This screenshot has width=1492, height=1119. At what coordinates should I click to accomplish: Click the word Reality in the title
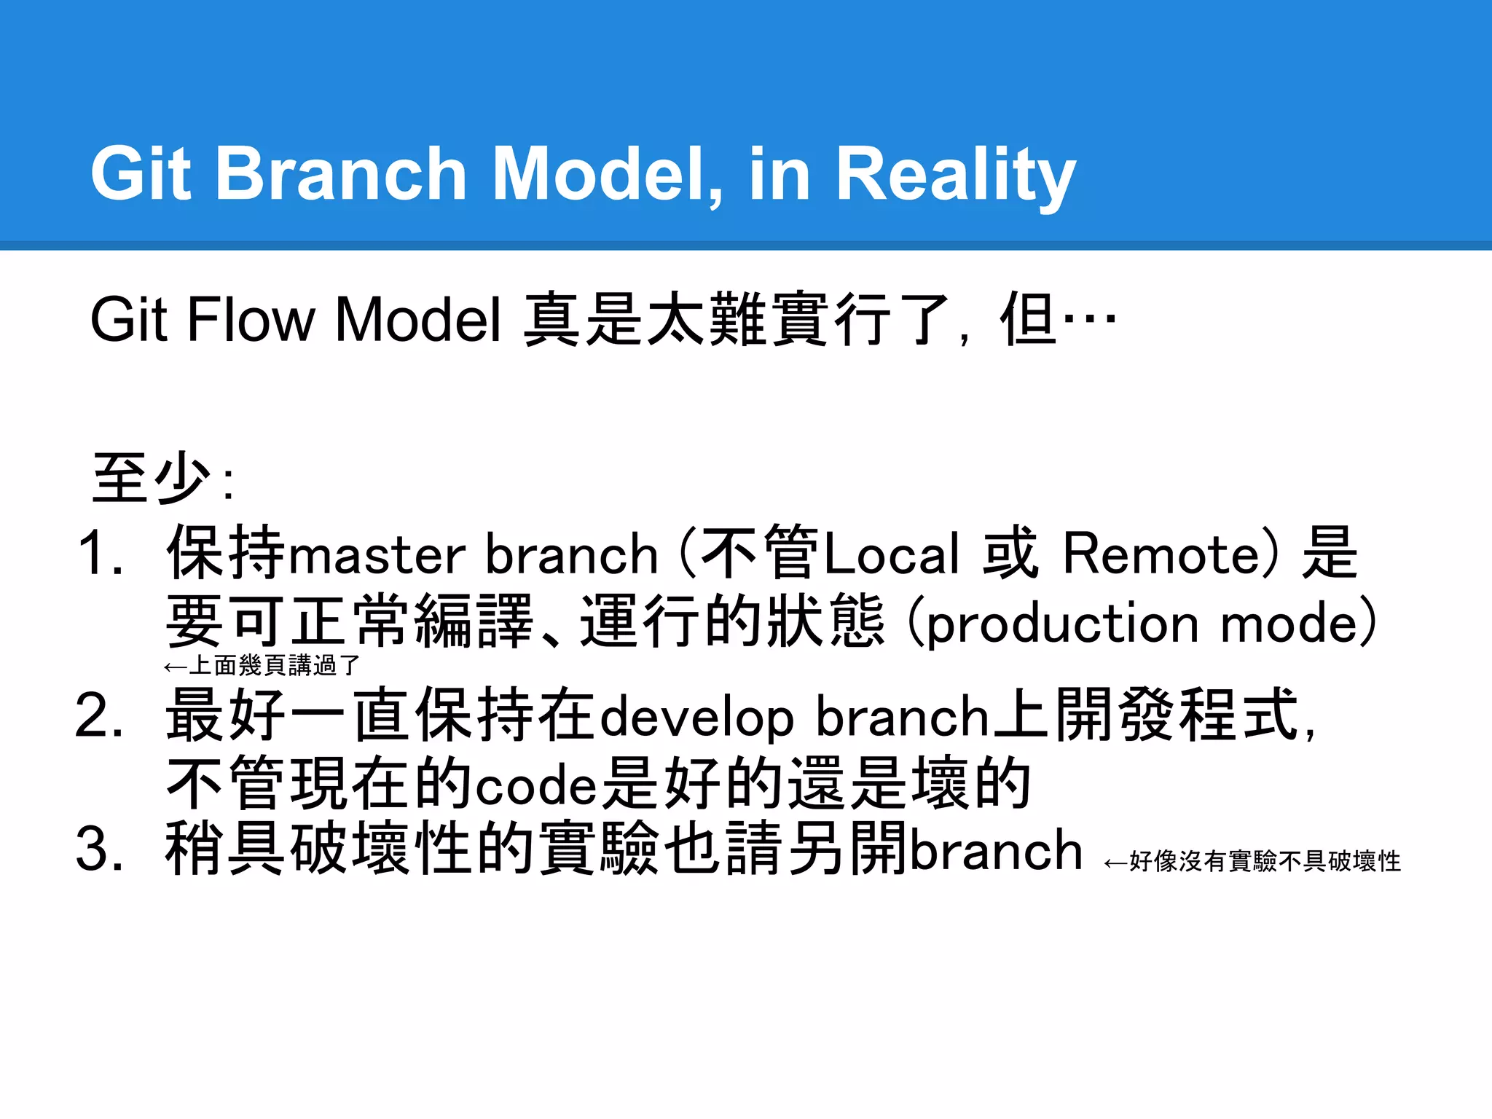tap(955, 175)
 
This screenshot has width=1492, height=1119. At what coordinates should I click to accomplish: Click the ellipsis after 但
tap(1090, 318)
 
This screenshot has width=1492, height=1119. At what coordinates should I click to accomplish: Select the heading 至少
tap(152, 478)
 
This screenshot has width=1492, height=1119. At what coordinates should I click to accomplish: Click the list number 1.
tap(98, 554)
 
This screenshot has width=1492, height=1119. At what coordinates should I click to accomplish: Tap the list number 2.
tap(98, 716)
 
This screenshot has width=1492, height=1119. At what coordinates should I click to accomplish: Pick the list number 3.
tap(98, 849)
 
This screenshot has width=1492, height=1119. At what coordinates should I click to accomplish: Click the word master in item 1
tap(377, 555)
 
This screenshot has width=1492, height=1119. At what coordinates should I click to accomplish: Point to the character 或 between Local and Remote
tap(1010, 554)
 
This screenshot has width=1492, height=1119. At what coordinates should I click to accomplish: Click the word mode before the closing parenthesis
tap(1289, 624)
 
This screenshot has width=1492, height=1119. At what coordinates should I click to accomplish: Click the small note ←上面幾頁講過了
tap(262, 666)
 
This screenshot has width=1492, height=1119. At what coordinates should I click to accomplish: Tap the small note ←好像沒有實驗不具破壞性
tap(1252, 862)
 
